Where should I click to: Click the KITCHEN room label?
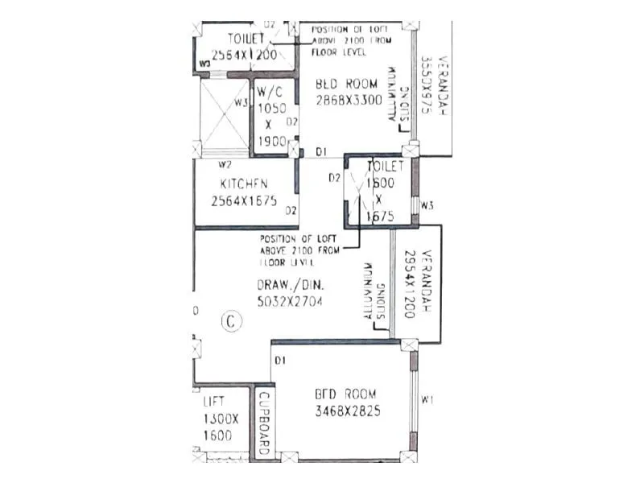(x=239, y=184)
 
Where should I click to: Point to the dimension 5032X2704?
(x=289, y=302)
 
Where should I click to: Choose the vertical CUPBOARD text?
(x=262, y=423)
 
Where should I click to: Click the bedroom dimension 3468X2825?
(x=348, y=411)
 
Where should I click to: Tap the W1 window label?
(x=427, y=399)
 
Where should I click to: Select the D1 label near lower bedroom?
(x=280, y=360)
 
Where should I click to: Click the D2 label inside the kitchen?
(x=291, y=211)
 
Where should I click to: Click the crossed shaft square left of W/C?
(x=225, y=114)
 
